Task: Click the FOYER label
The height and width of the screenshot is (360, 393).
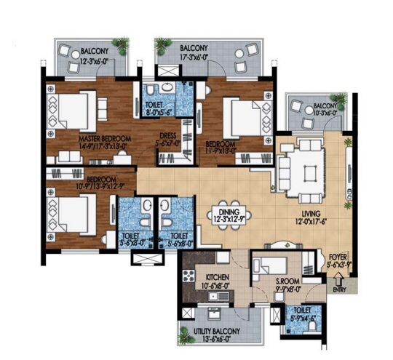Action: (336, 256)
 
